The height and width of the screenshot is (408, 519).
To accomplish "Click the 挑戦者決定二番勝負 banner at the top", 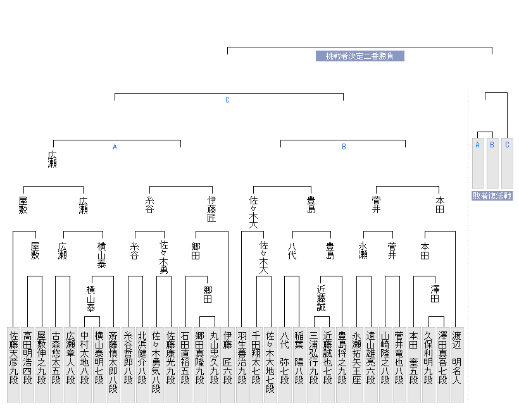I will click(360, 56).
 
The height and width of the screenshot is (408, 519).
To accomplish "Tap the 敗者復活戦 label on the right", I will click(492, 196).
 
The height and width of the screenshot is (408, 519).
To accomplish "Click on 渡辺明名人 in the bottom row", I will click(457, 358).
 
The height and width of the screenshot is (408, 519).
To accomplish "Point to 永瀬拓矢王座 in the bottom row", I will click(356, 358).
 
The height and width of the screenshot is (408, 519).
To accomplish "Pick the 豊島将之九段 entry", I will click(342, 358).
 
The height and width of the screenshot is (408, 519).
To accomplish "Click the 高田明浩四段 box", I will click(28, 358).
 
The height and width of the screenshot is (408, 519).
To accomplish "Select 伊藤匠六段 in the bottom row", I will click(227, 358).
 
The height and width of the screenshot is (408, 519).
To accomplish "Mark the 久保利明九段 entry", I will click(428, 358).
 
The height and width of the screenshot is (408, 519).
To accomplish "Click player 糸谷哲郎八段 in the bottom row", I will click(127, 358).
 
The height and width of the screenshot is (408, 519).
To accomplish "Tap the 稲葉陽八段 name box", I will click(299, 358).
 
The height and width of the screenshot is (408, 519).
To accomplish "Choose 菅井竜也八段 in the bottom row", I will click(399, 358).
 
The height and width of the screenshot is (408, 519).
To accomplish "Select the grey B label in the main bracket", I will click(344, 147).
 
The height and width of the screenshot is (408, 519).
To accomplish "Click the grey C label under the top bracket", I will click(227, 100).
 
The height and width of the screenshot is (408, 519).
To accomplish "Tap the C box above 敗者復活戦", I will click(507, 145).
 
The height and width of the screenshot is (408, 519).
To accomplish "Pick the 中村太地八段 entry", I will click(84, 358).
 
